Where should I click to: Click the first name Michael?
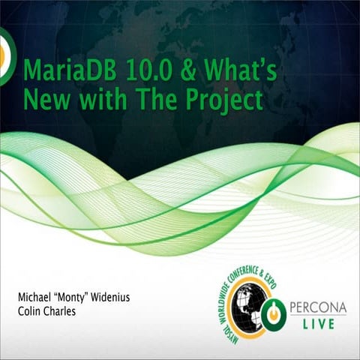37,297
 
